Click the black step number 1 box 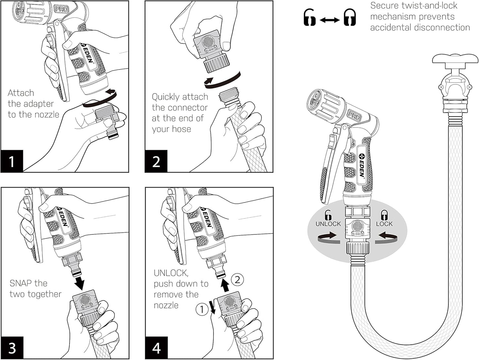pyautogui.click(x=12, y=161)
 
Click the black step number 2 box pyautogui.click(x=156, y=161)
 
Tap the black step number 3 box pyautogui.click(x=12, y=348)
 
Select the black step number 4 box pyautogui.click(x=156, y=348)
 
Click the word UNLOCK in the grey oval pyautogui.click(x=328, y=224)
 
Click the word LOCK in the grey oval pyautogui.click(x=384, y=224)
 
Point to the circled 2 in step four pyautogui.click(x=237, y=280)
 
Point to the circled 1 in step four pyautogui.click(x=202, y=310)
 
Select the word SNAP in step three pyautogui.click(x=21, y=283)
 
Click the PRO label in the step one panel pyautogui.click(x=62, y=9)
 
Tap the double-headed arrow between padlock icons pyautogui.click(x=329, y=20)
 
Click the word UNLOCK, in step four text pyautogui.click(x=171, y=273)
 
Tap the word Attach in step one pyautogui.click(x=21, y=93)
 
